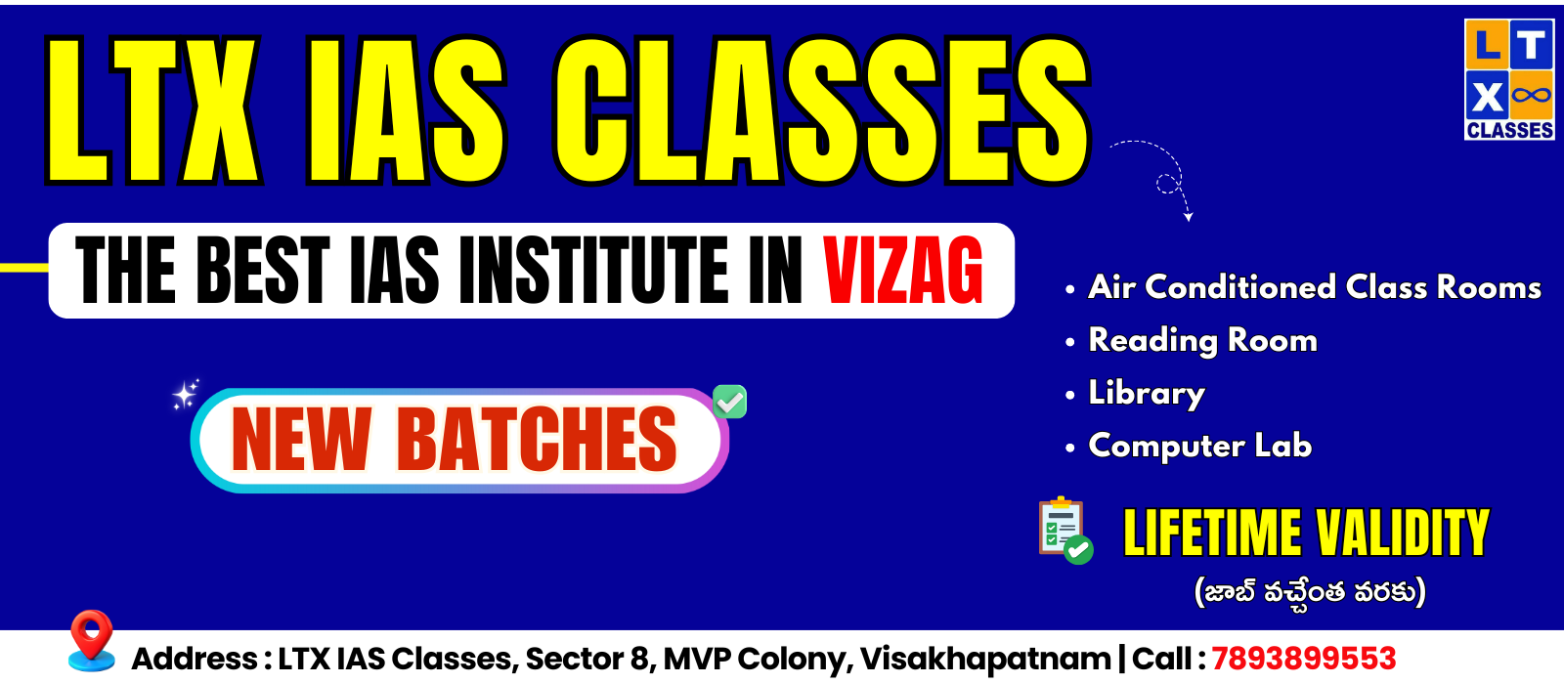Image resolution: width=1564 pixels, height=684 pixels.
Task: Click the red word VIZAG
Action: pos(903,270)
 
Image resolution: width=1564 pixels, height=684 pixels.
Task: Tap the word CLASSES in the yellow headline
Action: pos(822,109)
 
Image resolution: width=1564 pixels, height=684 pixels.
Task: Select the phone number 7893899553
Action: pos(1304,659)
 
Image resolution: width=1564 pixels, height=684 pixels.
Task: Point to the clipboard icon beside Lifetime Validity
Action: pos(1065,531)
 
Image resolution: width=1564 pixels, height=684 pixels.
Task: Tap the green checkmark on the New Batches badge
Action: pos(729,402)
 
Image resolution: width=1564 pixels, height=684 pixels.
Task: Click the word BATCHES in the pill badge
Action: pos(537,440)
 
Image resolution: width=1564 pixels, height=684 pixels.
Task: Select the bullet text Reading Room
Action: pos(1202,341)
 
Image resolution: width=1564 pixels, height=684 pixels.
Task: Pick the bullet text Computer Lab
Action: pos(1199,446)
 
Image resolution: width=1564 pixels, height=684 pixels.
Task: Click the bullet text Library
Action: pos(1147,393)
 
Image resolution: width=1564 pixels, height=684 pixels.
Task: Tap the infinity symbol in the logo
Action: pos(1532,94)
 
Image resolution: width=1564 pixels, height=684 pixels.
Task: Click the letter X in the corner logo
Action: pos(1487,97)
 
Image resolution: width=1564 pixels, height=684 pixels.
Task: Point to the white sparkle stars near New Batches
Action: pos(186,395)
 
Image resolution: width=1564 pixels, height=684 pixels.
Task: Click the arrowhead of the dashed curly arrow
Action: pos(1189,217)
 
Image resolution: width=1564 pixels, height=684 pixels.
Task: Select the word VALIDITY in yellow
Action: pos(1403,533)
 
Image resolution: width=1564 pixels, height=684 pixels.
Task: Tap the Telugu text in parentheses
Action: pos(1310,592)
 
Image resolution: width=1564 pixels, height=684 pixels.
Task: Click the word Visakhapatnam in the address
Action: pos(985,659)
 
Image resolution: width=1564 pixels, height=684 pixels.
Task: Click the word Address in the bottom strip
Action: pos(195,659)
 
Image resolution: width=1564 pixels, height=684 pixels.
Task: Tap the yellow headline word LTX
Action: pos(153,109)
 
